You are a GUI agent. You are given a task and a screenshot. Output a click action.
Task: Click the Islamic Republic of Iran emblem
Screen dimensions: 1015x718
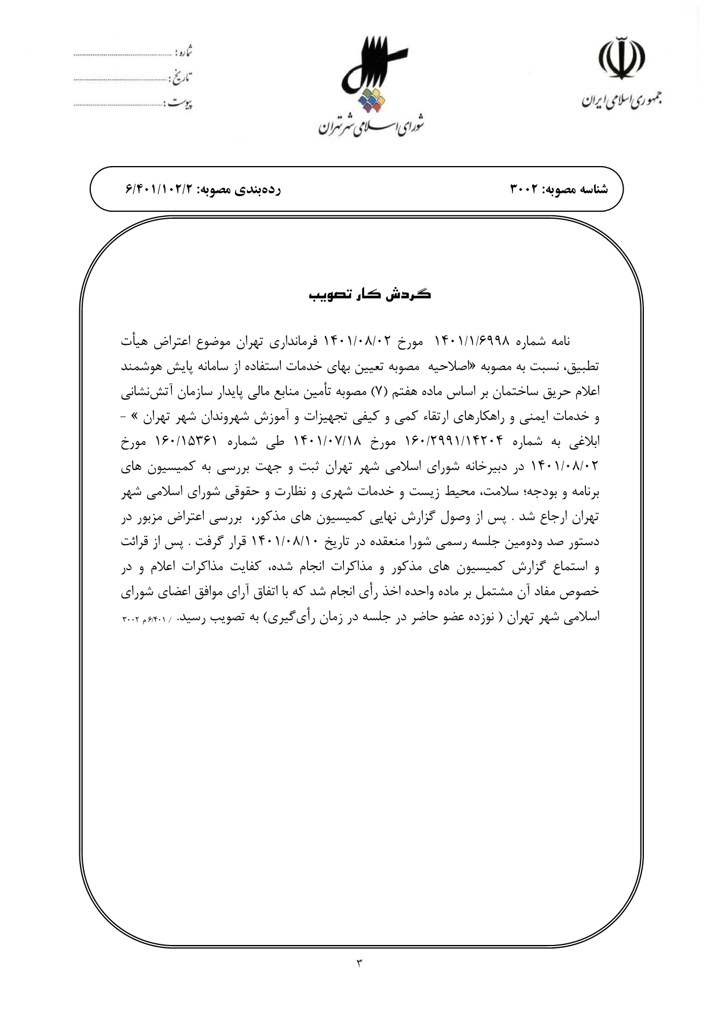(x=622, y=61)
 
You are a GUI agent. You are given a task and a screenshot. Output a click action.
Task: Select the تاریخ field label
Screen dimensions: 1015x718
(x=184, y=78)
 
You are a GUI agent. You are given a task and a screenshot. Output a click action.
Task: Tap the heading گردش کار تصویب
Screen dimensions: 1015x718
(x=369, y=295)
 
